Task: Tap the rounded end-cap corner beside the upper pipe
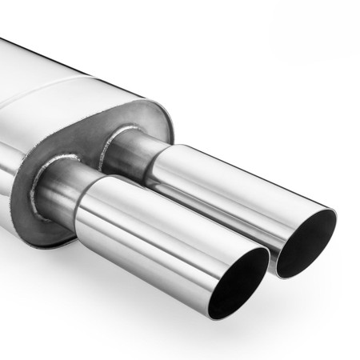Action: (x=164, y=120)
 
